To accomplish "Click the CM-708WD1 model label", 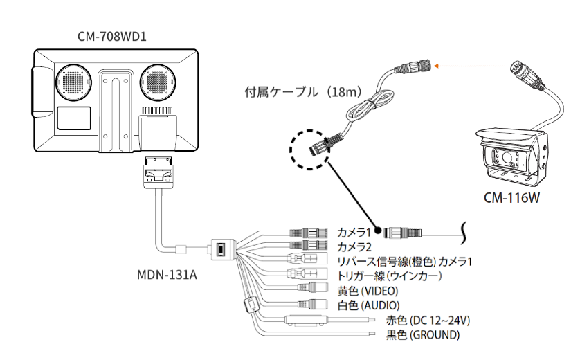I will coord(111,33).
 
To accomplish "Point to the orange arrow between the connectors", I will coord(471,66).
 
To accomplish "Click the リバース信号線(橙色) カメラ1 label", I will coord(404,261).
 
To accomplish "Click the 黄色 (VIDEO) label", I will coord(368,290).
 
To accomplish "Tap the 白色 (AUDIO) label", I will coord(368,305).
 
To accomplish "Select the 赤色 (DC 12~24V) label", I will coord(422,321).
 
